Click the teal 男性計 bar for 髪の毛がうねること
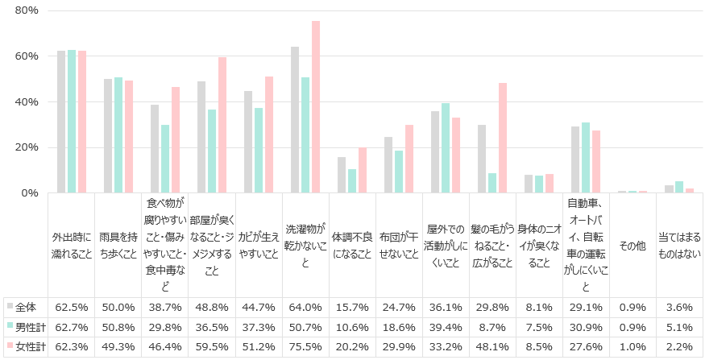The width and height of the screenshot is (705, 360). tap(491, 183)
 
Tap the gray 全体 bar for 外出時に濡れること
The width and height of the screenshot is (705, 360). tap(61, 122)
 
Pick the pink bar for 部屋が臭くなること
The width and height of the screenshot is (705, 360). tap(222, 125)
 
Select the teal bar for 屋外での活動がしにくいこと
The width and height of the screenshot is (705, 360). tap(445, 148)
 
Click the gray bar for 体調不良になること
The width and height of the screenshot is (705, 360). tap(342, 175)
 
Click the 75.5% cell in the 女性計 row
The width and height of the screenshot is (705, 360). tap(306, 346)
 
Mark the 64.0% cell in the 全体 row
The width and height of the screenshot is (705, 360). tap(306, 308)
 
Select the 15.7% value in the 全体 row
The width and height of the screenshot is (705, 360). tap(353, 308)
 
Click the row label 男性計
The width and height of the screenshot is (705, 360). tap(30, 327)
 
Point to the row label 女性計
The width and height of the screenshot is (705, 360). tap(30, 346)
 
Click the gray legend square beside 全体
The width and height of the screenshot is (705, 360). tap(10, 307)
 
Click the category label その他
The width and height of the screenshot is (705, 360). tap(633, 246)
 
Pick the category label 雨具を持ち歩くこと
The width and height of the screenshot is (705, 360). tap(118, 246)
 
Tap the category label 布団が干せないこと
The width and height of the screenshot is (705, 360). tap(400, 246)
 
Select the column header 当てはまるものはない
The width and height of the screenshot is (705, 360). tap(680, 246)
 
